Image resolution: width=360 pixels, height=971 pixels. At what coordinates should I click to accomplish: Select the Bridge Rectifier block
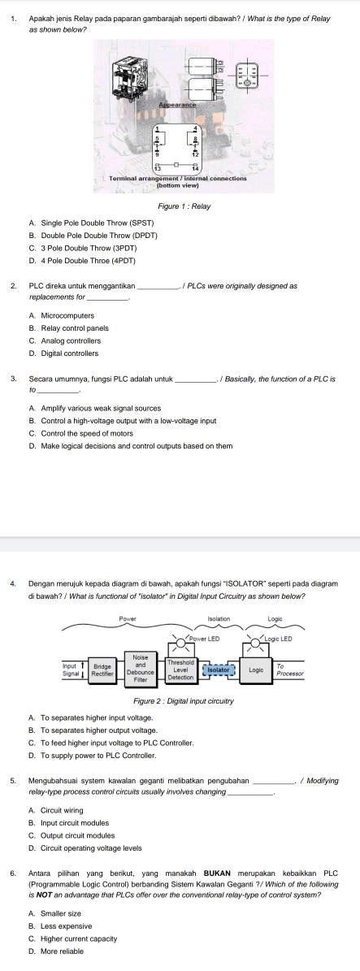[102, 647]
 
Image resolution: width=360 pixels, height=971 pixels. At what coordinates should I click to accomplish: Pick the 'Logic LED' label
[279, 618]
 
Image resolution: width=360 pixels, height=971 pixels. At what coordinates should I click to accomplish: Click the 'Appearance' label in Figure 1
[177, 104]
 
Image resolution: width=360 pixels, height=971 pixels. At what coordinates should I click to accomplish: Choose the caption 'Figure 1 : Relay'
[180, 206]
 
